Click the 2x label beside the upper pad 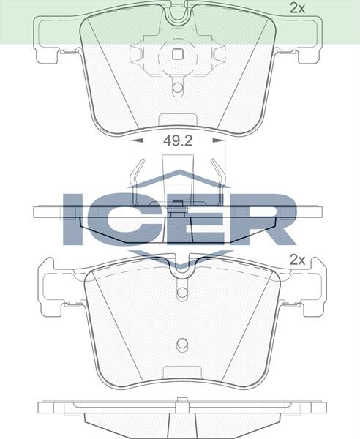pos(296,9)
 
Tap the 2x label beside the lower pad pos(296,259)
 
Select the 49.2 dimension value pos(177,141)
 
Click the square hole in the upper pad pos(176,53)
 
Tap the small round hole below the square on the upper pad pos(177,89)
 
